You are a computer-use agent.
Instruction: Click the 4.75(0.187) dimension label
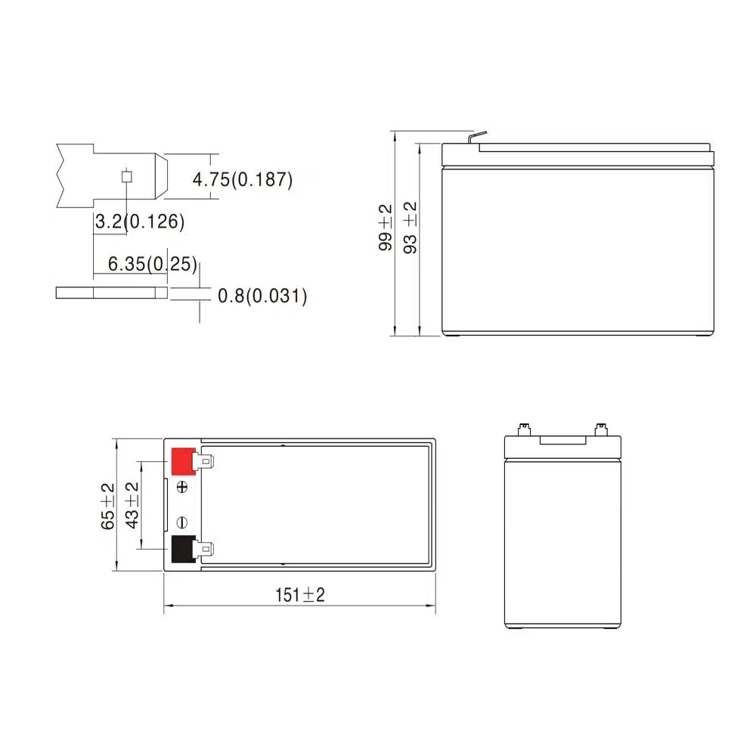(x=242, y=180)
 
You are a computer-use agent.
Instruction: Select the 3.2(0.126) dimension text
(x=139, y=222)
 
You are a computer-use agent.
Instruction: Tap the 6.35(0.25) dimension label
(x=152, y=264)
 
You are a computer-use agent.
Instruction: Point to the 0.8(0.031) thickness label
(x=262, y=296)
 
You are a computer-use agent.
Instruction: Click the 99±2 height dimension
(x=386, y=228)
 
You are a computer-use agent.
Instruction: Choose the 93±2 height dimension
(x=411, y=228)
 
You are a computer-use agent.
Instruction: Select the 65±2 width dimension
(x=107, y=506)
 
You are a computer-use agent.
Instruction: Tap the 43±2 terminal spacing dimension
(x=132, y=506)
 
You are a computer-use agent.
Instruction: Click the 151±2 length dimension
(x=299, y=594)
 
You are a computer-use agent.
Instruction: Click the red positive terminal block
(x=182, y=461)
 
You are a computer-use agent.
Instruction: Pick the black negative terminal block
(x=182, y=550)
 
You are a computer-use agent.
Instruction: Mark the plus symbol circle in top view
(x=181, y=488)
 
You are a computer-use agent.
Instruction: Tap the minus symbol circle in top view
(x=181, y=522)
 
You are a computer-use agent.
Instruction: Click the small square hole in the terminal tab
(x=127, y=177)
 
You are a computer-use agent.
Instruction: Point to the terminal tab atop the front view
(x=476, y=138)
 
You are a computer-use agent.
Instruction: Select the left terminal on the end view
(x=522, y=429)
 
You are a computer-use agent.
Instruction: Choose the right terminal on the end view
(x=601, y=429)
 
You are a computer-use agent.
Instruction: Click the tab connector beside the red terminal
(x=206, y=460)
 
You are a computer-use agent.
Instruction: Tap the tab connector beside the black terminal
(x=206, y=550)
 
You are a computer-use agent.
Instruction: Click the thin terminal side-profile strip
(x=111, y=293)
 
